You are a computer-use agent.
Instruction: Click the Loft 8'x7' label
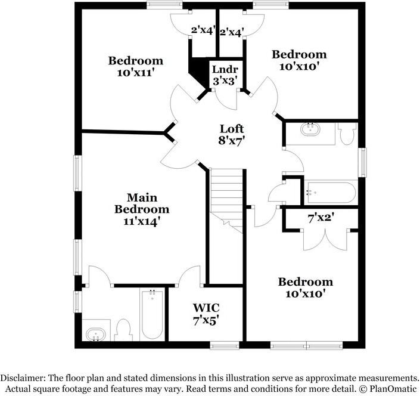(x=232, y=134)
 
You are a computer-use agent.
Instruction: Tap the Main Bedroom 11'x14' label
(x=142, y=209)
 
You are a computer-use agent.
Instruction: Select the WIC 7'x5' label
(x=206, y=313)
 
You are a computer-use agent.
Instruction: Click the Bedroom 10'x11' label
(x=135, y=66)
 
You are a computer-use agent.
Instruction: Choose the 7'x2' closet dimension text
(x=321, y=218)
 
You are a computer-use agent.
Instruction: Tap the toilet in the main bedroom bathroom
(x=123, y=330)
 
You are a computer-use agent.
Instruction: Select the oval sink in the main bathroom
(x=95, y=335)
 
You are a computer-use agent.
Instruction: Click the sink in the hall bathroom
(x=310, y=129)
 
